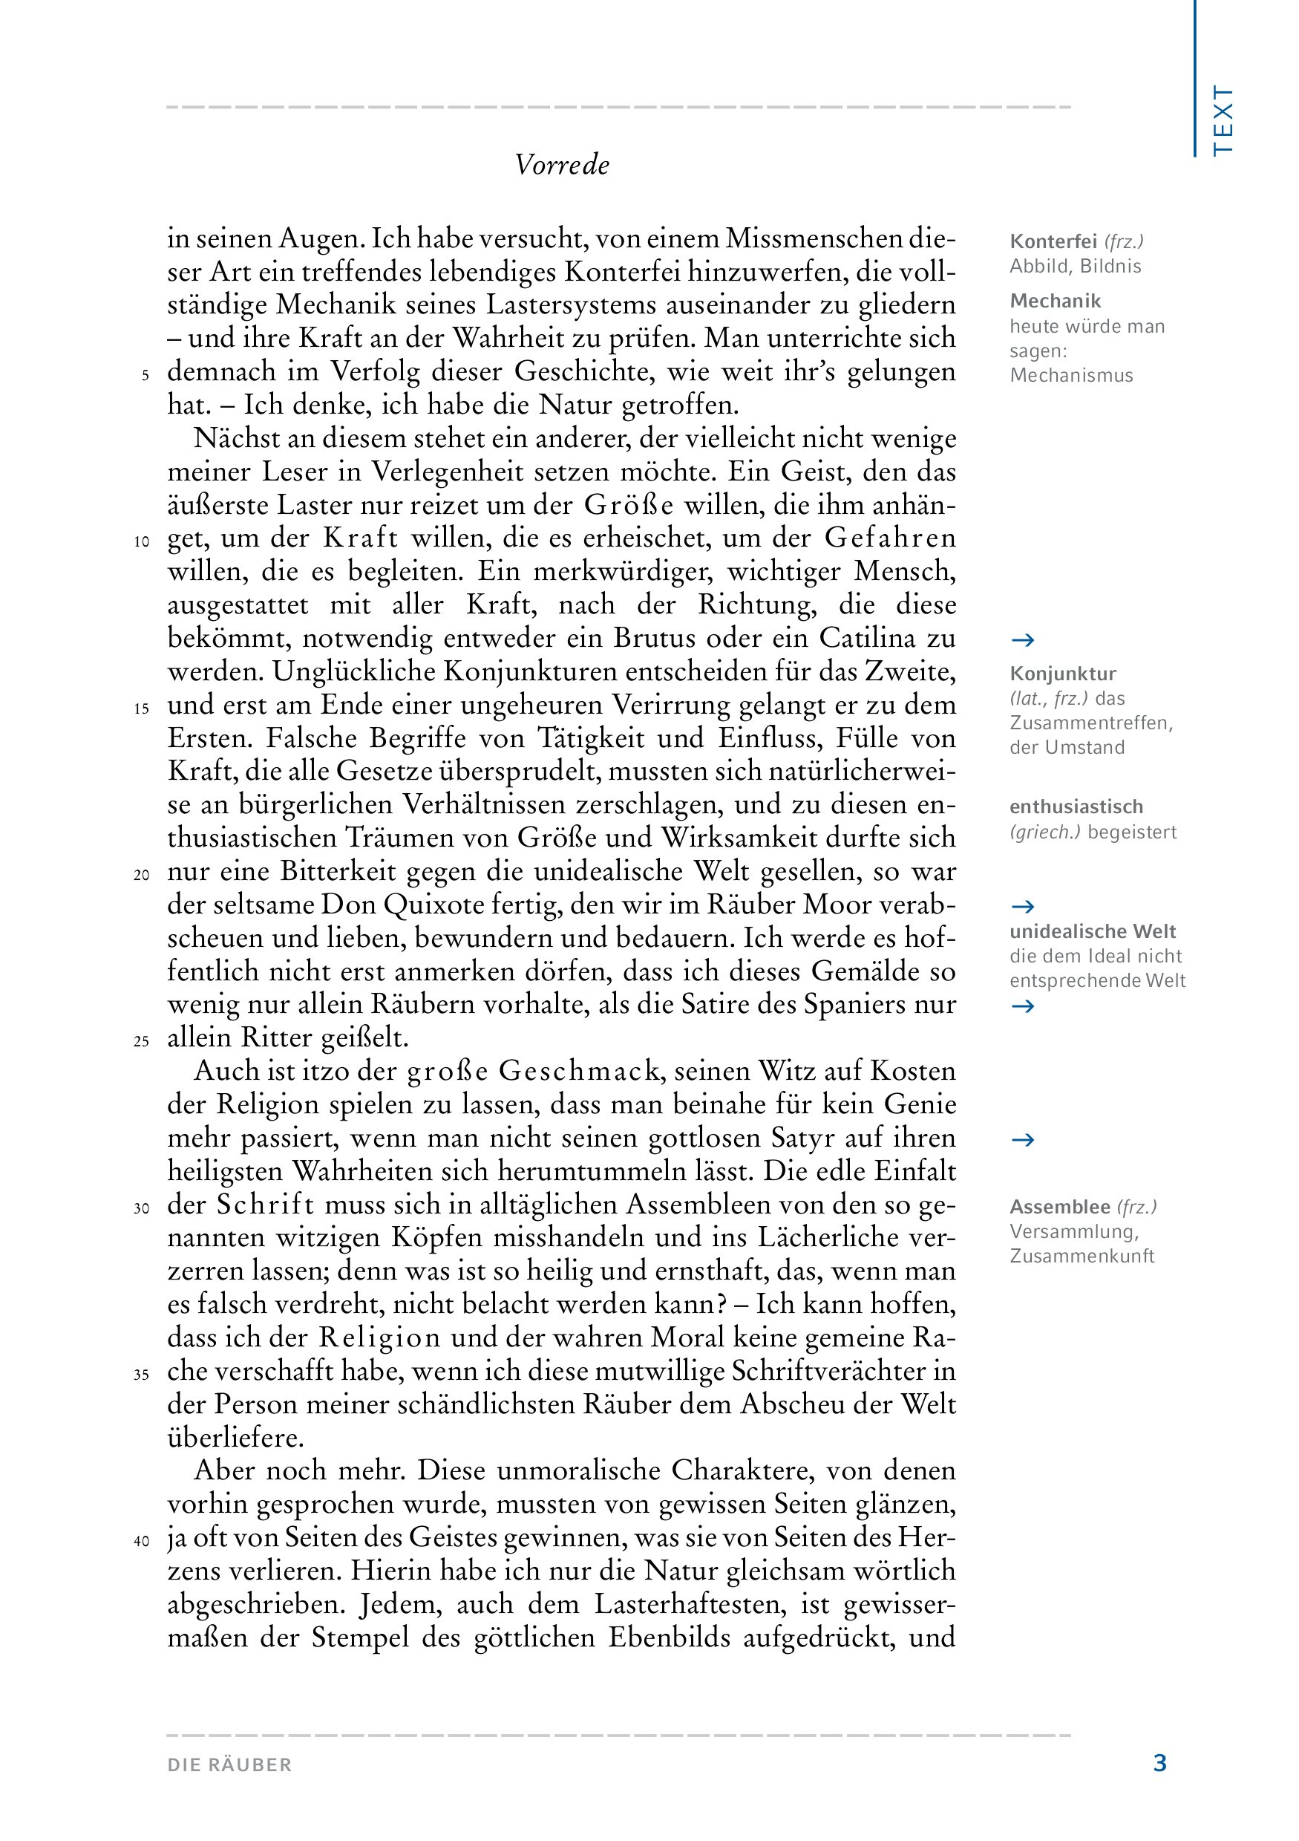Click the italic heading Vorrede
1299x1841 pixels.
tap(562, 165)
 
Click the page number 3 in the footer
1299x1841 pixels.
tap(1159, 1763)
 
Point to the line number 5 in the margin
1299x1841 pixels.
tap(145, 375)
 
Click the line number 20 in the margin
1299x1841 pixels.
tap(142, 875)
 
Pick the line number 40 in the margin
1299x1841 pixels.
tap(142, 1541)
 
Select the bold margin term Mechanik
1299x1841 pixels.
tap(1056, 302)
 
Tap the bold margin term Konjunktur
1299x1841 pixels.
tap(1063, 674)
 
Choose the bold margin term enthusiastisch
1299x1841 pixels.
tap(1076, 807)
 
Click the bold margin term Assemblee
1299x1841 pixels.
tap(1059, 1207)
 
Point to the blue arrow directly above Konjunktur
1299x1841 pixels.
tap(1023, 640)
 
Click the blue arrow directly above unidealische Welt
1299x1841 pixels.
tap(1023, 907)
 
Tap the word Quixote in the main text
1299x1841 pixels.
tap(433, 905)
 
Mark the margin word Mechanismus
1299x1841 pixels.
tap(1071, 375)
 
